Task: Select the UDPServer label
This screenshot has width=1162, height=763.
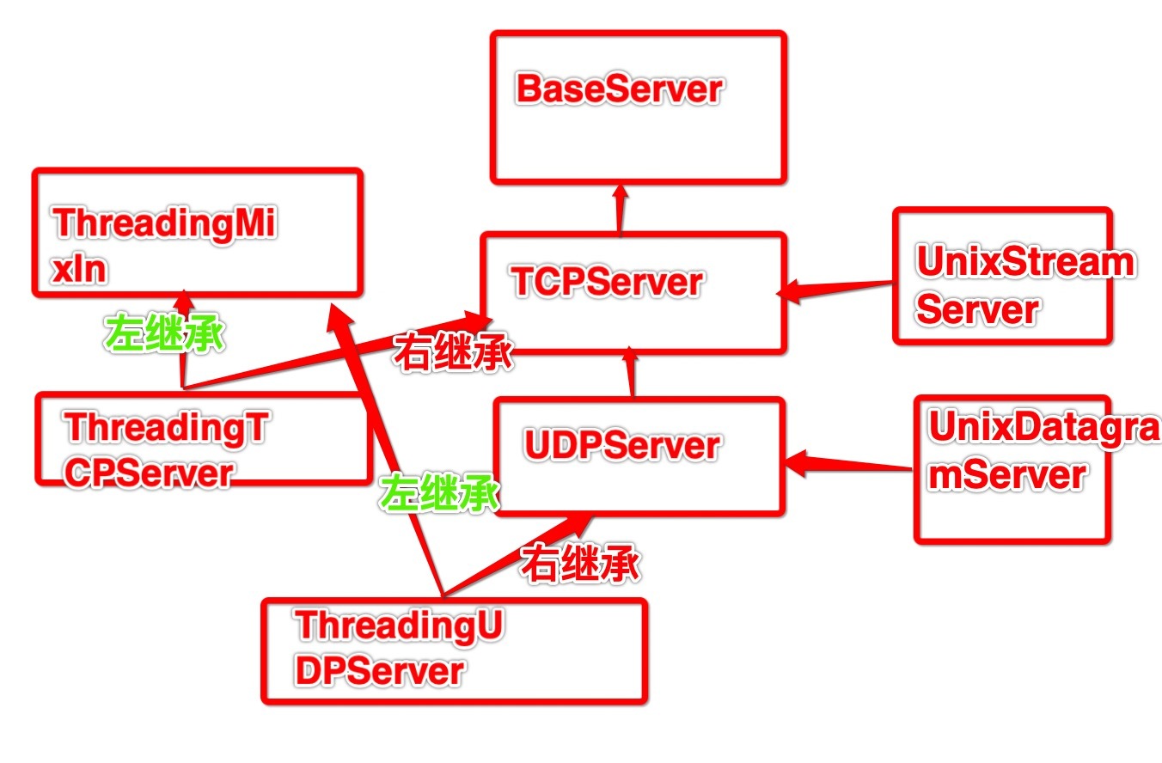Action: (x=621, y=446)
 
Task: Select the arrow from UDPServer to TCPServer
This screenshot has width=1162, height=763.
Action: (x=633, y=373)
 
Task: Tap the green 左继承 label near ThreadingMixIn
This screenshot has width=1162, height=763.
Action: (x=165, y=335)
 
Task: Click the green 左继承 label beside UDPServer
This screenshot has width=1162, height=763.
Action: (x=440, y=496)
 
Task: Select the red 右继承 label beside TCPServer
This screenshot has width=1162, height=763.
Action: (x=453, y=353)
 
